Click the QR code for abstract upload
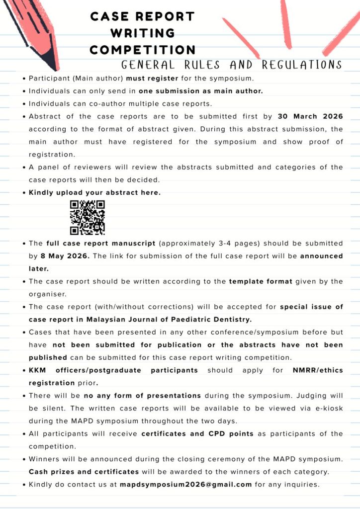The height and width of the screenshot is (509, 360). coord(88,217)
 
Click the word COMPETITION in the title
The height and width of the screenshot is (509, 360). coord(143,50)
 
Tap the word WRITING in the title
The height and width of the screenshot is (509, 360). coord(143,33)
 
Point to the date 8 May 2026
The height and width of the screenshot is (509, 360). coord(65,256)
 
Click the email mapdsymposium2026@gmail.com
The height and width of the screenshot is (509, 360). coord(186,484)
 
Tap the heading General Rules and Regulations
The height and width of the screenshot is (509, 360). coord(232,65)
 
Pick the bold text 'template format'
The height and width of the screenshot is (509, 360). coord(261,281)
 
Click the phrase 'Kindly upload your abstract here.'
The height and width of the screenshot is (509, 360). coord(94,192)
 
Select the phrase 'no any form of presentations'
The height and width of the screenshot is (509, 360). coord(142,396)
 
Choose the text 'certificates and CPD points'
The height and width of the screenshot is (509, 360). coord(197,433)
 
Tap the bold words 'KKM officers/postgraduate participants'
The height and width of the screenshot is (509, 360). coord(113,370)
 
